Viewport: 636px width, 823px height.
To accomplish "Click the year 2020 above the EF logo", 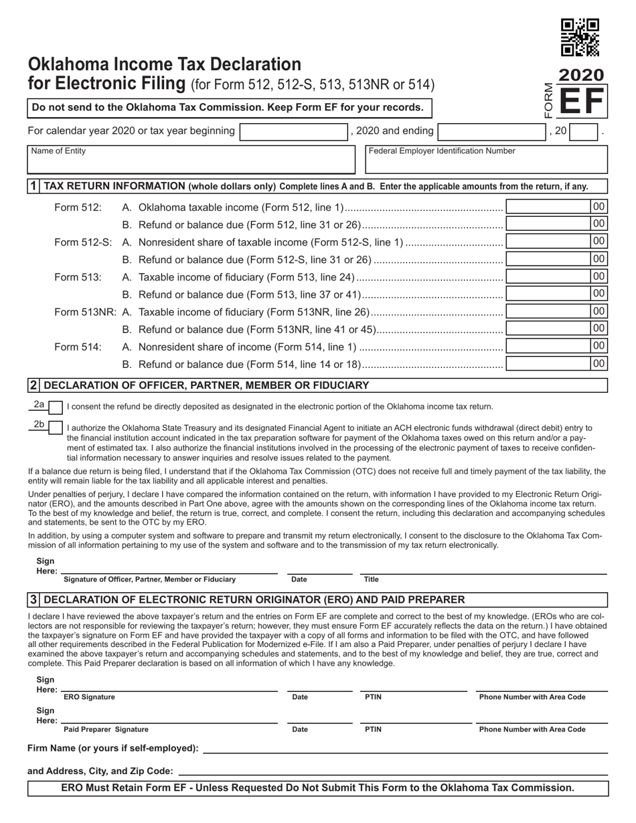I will [580, 75].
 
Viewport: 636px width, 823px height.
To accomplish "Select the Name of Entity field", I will [191, 160].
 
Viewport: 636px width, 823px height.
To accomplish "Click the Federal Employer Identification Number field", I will [487, 160].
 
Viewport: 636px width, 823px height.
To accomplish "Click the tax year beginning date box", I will [293, 131].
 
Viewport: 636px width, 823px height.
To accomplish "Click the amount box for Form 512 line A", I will [548, 207].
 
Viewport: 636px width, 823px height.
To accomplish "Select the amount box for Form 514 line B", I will [548, 364].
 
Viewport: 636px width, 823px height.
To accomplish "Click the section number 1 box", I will [33, 186].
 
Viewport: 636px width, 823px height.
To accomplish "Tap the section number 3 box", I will [33, 600].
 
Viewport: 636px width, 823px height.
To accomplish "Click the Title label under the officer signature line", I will [371, 579].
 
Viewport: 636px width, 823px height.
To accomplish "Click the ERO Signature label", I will [89, 697].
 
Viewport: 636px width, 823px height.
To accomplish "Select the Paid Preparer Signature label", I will [106, 730].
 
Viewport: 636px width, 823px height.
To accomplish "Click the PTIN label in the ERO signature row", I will [373, 697].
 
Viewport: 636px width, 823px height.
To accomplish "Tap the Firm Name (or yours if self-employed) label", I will [112, 748].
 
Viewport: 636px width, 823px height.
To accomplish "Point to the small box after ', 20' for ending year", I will [583, 131].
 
